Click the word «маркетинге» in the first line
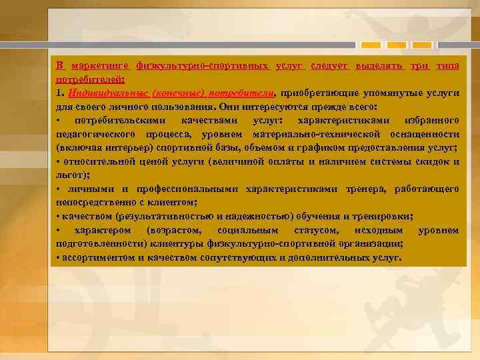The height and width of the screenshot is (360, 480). [x=99, y=65]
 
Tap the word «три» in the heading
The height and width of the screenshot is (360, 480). [x=420, y=65]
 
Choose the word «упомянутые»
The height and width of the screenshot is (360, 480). [x=393, y=93]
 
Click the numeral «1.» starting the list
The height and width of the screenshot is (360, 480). [x=60, y=93]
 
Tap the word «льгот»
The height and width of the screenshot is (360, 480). [x=71, y=175]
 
